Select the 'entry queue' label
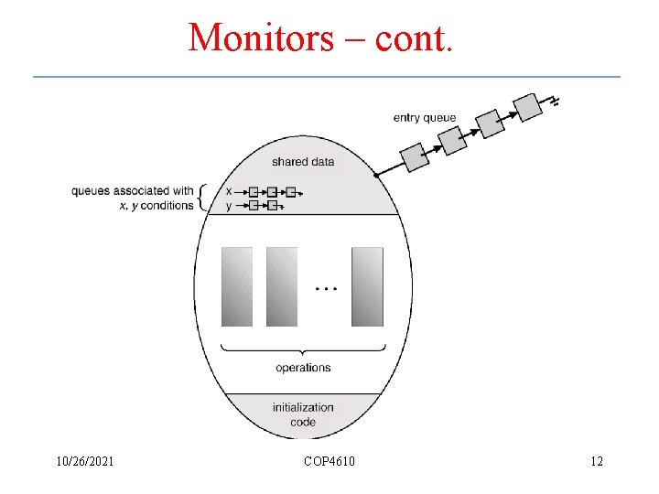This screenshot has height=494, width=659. point(424,118)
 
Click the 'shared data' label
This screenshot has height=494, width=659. point(303,162)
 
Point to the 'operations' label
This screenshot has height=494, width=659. point(303,368)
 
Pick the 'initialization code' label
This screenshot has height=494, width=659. point(303,414)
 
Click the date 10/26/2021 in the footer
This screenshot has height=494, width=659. point(83,461)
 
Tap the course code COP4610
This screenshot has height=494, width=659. point(329,461)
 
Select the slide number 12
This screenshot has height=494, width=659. point(597,461)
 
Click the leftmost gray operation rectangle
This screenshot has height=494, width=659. point(237,286)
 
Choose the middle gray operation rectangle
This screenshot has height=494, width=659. point(282,286)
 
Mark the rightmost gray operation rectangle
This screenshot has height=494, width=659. point(367,286)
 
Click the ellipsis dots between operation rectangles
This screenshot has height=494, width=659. point(326,288)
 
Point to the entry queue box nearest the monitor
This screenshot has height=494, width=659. point(416,156)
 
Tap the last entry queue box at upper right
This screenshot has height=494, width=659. point(528,107)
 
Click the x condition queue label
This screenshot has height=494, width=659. point(229,191)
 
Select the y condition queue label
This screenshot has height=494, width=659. point(229,206)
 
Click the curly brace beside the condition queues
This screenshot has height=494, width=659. point(202,198)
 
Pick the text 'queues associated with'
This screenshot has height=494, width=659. point(133,191)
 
